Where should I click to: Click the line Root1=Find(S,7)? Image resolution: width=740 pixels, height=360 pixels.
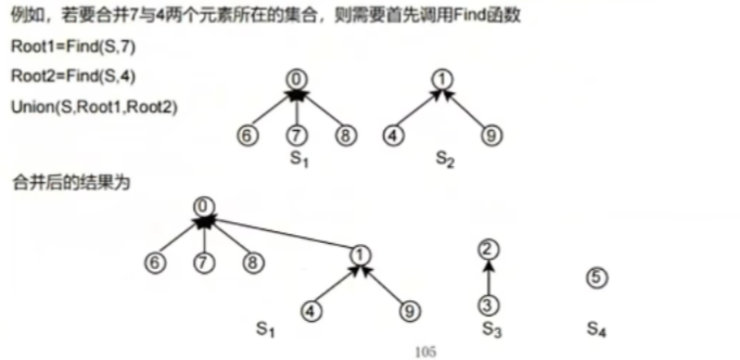73,47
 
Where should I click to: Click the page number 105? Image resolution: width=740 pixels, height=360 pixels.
425,352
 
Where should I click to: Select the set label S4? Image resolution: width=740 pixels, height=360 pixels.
596,329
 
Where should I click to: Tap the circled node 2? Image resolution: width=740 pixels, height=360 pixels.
488,250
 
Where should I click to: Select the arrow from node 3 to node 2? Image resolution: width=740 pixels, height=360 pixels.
488,278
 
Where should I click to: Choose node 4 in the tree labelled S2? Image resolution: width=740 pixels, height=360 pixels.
393,136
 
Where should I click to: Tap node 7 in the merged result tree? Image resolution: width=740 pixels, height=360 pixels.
204,263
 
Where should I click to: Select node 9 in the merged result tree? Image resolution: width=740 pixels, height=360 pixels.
409,311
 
